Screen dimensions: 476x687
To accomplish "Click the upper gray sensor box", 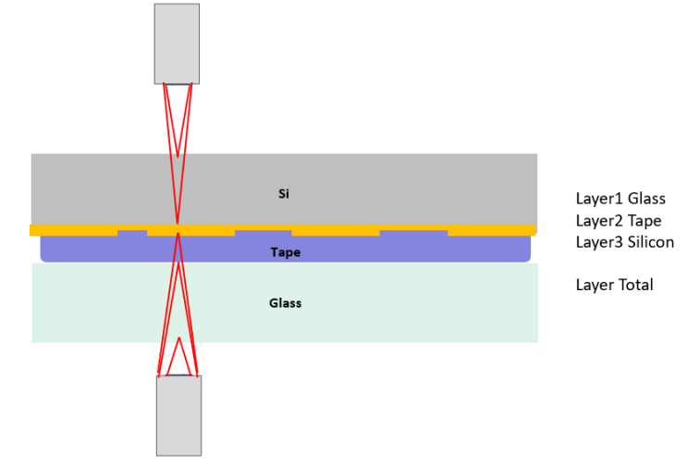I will click(177, 43).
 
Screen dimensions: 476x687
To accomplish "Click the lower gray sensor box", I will click(178, 415).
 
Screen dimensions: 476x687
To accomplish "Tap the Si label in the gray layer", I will click(284, 193).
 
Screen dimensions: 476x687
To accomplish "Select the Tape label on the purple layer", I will click(285, 251).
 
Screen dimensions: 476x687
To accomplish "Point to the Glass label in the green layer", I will click(285, 303).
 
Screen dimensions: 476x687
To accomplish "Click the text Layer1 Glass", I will click(620, 199).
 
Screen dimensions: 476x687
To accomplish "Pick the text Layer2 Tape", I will click(618, 221).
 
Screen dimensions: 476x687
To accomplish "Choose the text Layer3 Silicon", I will click(624, 242).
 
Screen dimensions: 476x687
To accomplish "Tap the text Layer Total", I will click(614, 285).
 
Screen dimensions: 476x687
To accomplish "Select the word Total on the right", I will click(635, 285).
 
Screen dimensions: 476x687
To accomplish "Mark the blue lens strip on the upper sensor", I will click(178, 84).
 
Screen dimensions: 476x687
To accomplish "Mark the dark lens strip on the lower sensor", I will click(178, 375).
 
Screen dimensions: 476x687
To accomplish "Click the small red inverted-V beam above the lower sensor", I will click(178, 355).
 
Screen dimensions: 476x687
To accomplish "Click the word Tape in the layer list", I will click(644, 221).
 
